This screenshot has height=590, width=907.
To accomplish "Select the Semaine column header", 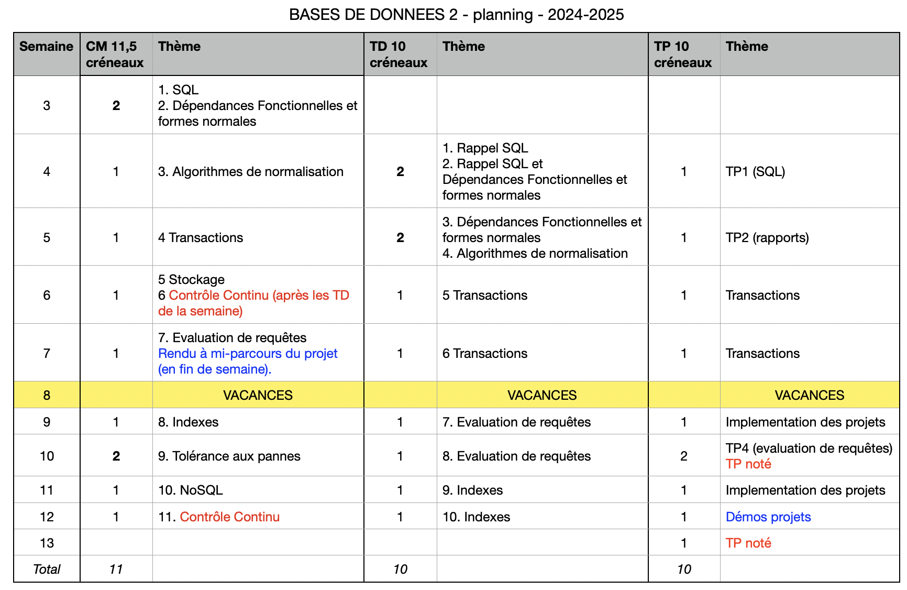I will tap(46, 47).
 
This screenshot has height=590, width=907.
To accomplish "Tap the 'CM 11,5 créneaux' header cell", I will tap(115, 54).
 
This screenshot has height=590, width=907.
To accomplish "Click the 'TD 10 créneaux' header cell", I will tap(399, 54).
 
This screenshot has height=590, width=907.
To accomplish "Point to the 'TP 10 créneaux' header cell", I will tap(682, 54).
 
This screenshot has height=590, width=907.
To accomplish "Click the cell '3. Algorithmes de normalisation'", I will tap(251, 172).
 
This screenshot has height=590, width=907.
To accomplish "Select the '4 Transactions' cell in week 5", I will tap(201, 238).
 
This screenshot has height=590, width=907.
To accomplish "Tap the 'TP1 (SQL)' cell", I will tap(755, 172).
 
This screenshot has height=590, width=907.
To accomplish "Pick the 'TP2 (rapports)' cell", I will tap(767, 238).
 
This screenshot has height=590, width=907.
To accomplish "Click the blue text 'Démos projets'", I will tap(768, 517).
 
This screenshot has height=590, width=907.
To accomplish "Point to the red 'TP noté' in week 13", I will tap(748, 543).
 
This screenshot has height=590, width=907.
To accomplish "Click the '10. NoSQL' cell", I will tap(191, 490).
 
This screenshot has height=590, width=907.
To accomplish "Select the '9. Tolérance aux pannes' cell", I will tap(229, 456).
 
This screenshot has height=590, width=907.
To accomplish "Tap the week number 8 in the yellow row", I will tap(47, 396).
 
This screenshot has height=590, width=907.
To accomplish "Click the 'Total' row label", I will tap(47, 570).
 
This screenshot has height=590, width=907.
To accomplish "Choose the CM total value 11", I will tap(116, 570).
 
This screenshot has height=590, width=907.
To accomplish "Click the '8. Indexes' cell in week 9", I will tap(189, 422).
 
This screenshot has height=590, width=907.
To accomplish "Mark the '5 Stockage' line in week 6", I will tap(192, 280).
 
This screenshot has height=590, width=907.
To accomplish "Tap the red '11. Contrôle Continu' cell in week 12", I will tap(219, 517).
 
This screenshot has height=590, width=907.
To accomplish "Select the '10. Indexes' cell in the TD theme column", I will tap(476, 517).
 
